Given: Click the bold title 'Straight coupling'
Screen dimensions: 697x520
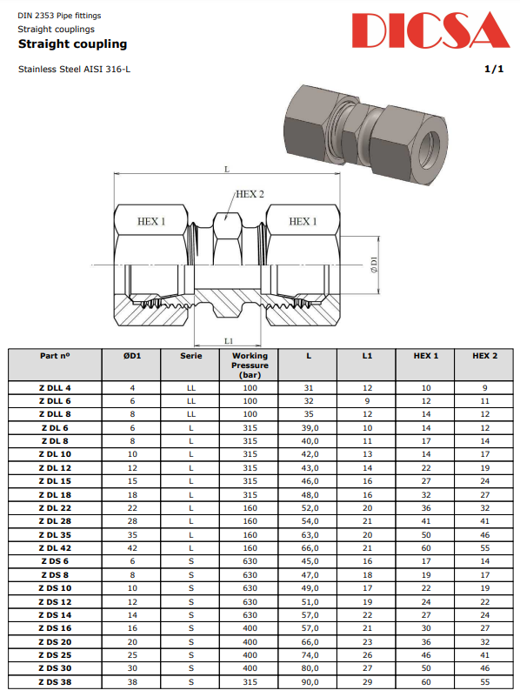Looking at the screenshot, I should tap(72, 44).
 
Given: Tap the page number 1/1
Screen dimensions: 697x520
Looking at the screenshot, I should tap(494, 69).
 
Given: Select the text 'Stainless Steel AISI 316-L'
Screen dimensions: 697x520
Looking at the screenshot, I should tap(72, 69).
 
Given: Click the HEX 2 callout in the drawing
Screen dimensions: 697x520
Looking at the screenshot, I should tap(250, 194).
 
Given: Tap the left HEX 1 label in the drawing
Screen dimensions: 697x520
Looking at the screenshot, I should tap(151, 222).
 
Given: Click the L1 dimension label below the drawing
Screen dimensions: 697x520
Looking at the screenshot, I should tap(229, 340).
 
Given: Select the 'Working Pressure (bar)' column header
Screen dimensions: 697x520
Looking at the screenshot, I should tap(250, 365).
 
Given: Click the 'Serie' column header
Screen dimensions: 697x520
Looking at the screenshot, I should tap(190, 356).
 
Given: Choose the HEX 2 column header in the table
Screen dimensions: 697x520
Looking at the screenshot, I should tap(484, 356).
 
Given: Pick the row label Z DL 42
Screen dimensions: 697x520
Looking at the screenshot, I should tap(55, 547).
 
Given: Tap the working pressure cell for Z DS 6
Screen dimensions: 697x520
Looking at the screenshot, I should tap(250, 561).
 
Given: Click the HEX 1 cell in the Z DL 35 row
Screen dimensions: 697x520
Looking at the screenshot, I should tap(425, 534).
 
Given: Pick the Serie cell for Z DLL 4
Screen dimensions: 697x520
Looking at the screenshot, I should tap(190, 387).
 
